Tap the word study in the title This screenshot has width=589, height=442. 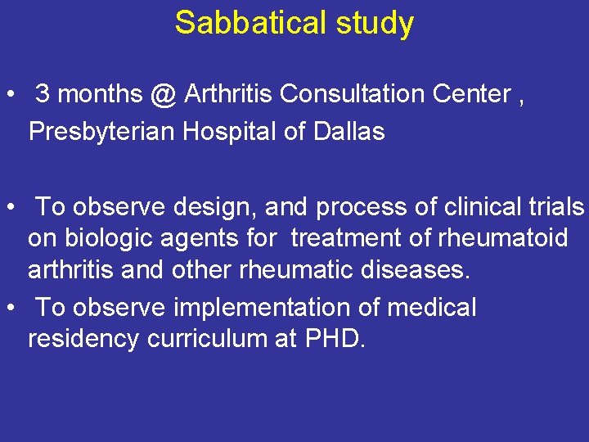pos(374,23)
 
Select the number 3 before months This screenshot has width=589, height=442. pos(43,95)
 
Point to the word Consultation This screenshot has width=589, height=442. pos(361,95)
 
